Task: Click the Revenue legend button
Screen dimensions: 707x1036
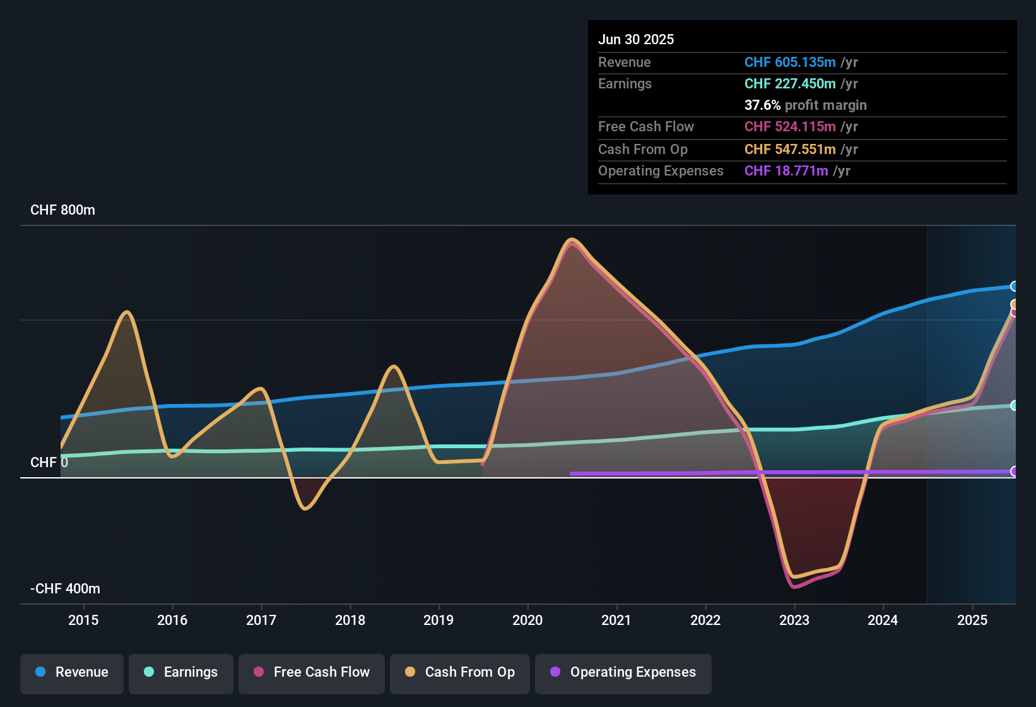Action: click(72, 672)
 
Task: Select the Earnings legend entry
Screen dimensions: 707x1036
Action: click(181, 672)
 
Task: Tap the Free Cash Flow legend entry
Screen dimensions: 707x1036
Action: click(312, 672)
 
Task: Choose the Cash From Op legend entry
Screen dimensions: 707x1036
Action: click(460, 672)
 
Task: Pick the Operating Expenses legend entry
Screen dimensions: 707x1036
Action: click(623, 672)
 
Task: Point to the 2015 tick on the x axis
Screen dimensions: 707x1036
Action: click(83, 620)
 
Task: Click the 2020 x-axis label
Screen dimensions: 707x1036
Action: click(527, 620)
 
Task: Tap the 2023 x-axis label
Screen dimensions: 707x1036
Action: click(794, 620)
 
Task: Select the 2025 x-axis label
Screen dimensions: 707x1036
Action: click(972, 620)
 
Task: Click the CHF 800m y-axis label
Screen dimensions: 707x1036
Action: click(62, 210)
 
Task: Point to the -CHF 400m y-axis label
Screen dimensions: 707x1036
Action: click(65, 589)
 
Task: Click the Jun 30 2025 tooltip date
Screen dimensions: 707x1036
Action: click(636, 40)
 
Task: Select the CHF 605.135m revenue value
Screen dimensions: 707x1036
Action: click(790, 62)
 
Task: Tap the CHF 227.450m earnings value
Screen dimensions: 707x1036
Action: click(790, 84)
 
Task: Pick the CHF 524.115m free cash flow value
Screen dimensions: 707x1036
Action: click(790, 127)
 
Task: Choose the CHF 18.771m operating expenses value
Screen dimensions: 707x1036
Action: click(786, 171)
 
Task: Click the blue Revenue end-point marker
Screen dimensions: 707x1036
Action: click(1014, 287)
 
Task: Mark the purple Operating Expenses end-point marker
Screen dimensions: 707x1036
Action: click(1014, 472)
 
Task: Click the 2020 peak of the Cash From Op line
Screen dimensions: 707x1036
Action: click(572, 240)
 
